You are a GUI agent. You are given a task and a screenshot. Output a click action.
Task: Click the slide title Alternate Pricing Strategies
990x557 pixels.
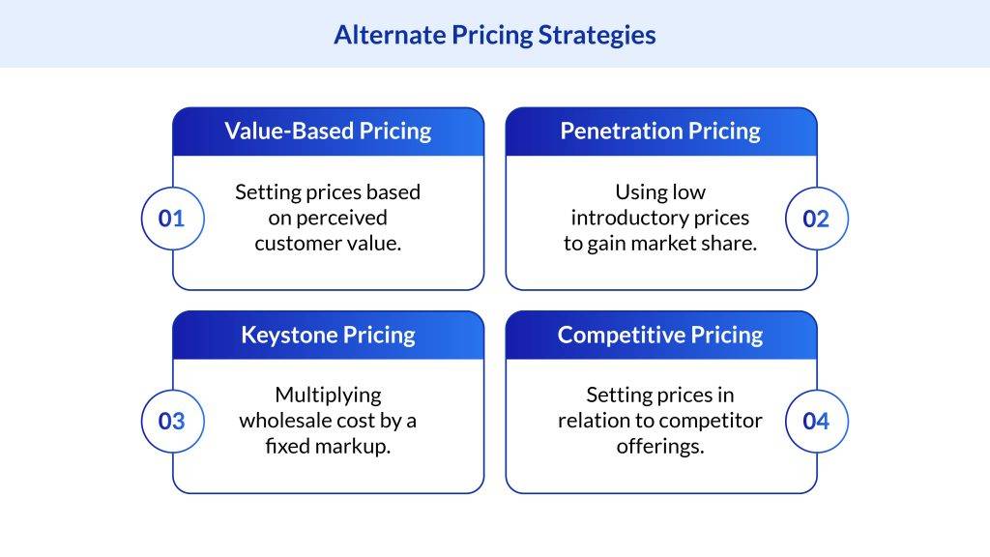495,35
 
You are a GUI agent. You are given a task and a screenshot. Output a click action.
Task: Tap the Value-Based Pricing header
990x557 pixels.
329,132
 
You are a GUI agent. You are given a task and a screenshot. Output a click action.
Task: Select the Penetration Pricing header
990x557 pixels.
661,132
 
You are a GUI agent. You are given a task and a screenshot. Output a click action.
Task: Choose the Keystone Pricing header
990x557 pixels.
329,335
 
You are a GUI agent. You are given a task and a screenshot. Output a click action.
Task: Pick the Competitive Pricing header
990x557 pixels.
661,335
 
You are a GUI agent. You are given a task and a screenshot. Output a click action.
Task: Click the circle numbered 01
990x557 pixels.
172,219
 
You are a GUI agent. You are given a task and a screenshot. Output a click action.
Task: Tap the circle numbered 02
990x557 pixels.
816,219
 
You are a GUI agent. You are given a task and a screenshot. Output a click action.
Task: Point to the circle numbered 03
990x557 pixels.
172,422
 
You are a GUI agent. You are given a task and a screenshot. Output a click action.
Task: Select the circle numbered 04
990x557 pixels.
816,422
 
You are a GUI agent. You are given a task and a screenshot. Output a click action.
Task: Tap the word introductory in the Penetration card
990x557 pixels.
629,219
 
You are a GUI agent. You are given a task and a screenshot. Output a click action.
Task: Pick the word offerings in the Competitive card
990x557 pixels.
660,447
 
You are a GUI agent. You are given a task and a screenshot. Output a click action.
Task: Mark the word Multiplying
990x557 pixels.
329,396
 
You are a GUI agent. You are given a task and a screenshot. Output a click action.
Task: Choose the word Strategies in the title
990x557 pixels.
597,36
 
